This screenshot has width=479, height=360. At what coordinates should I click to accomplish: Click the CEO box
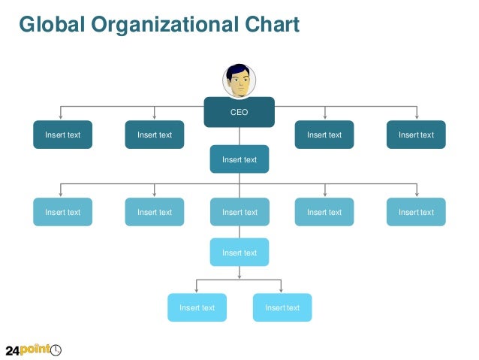(239, 112)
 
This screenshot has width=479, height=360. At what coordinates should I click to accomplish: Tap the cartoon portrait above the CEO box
(239, 81)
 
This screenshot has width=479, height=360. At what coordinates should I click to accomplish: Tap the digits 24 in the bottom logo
(14, 350)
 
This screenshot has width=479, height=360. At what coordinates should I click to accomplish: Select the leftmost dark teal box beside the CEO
(62, 135)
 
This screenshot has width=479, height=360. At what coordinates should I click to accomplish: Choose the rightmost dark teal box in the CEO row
(416, 135)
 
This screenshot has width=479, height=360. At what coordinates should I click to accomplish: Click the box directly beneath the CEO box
(239, 159)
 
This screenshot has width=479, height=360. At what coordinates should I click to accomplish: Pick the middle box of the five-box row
(239, 212)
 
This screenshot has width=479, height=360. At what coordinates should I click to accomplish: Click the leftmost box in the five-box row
(62, 212)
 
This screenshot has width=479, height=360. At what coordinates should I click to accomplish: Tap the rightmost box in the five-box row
(416, 212)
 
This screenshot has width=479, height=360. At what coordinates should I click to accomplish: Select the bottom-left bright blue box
(197, 307)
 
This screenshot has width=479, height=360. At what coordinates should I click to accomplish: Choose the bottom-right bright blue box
(282, 307)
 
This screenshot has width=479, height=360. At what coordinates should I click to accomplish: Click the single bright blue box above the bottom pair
(239, 253)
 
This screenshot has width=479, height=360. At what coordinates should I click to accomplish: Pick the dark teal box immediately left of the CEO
(155, 135)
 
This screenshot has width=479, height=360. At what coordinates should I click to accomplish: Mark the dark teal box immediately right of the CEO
(324, 135)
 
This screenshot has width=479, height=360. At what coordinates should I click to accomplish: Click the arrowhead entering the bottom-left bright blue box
(197, 291)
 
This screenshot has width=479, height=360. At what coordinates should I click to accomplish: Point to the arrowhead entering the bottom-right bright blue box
(282, 291)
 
